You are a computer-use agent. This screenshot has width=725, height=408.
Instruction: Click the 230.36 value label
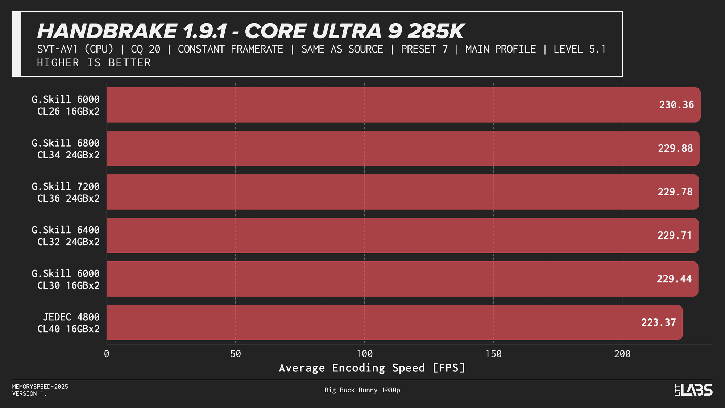676,105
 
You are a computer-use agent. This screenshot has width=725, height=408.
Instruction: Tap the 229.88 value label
675,148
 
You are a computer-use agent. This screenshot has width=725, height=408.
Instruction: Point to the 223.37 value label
659,322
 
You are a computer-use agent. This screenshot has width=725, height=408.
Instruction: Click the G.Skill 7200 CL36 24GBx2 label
66,192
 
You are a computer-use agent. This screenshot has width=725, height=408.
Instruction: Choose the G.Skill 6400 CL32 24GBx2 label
66,236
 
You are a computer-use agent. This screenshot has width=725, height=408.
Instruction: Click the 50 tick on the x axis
236,354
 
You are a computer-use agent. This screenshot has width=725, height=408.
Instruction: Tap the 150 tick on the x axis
493,354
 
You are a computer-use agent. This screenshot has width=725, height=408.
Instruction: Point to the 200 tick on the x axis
622,354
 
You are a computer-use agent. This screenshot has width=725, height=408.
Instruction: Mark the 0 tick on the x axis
107,354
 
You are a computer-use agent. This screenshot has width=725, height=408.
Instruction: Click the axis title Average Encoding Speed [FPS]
372,368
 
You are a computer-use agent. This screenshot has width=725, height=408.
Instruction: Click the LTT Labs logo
693,390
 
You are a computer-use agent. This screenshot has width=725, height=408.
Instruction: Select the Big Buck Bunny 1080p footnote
362,390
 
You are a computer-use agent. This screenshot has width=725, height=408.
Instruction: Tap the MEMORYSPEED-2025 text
40,387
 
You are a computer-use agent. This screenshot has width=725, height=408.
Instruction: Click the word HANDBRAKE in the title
107,31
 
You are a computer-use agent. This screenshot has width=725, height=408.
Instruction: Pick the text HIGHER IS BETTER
94,63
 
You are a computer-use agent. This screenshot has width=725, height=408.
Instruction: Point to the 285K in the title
435,31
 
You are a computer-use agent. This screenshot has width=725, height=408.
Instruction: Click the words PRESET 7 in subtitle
424,49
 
